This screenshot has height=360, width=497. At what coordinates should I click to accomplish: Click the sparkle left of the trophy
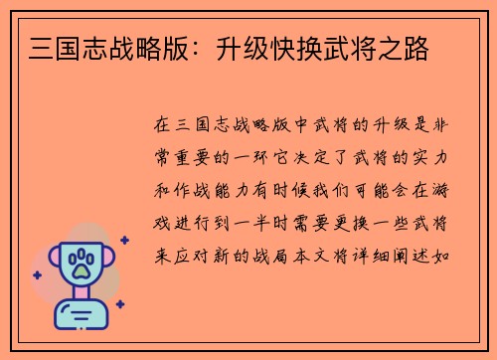click(x=37, y=274)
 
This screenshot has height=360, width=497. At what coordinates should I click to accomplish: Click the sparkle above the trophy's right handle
click(x=123, y=240)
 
